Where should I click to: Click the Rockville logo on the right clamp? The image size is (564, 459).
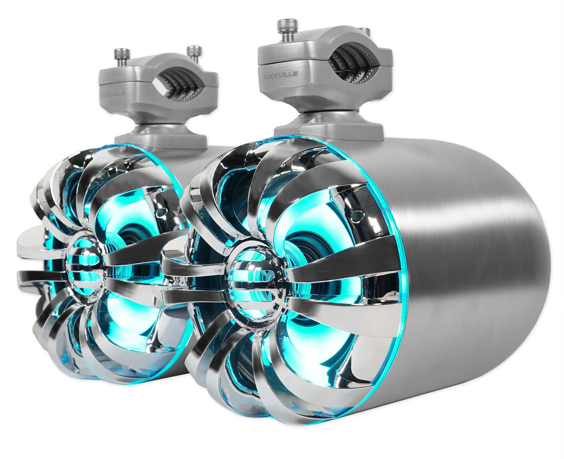coord(281,75)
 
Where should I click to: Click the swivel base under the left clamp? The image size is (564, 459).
coord(160,139)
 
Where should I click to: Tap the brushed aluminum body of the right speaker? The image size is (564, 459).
coord(461,254)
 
